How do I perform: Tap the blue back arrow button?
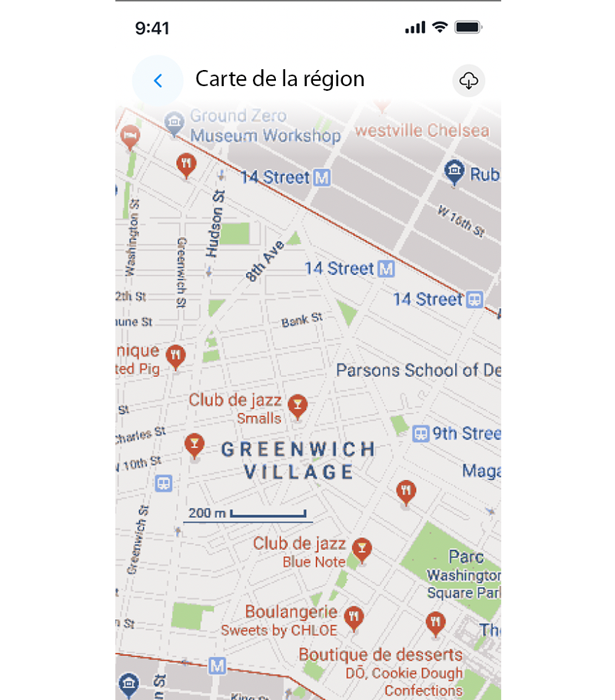(x=158, y=80)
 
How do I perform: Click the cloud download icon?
(x=469, y=80)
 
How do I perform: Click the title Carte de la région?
(x=280, y=78)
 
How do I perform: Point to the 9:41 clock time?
(x=152, y=28)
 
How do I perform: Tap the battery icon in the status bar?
(x=468, y=28)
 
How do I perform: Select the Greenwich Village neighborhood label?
(x=298, y=460)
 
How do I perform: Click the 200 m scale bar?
(x=246, y=513)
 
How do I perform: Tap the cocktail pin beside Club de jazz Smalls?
(x=298, y=405)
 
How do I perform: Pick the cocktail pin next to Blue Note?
(x=361, y=548)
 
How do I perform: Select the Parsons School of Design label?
(x=418, y=370)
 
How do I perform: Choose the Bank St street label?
(x=302, y=319)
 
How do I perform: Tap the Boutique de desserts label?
(x=381, y=655)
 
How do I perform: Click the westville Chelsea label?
(x=421, y=130)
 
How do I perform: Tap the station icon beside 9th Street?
(x=421, y=433)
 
